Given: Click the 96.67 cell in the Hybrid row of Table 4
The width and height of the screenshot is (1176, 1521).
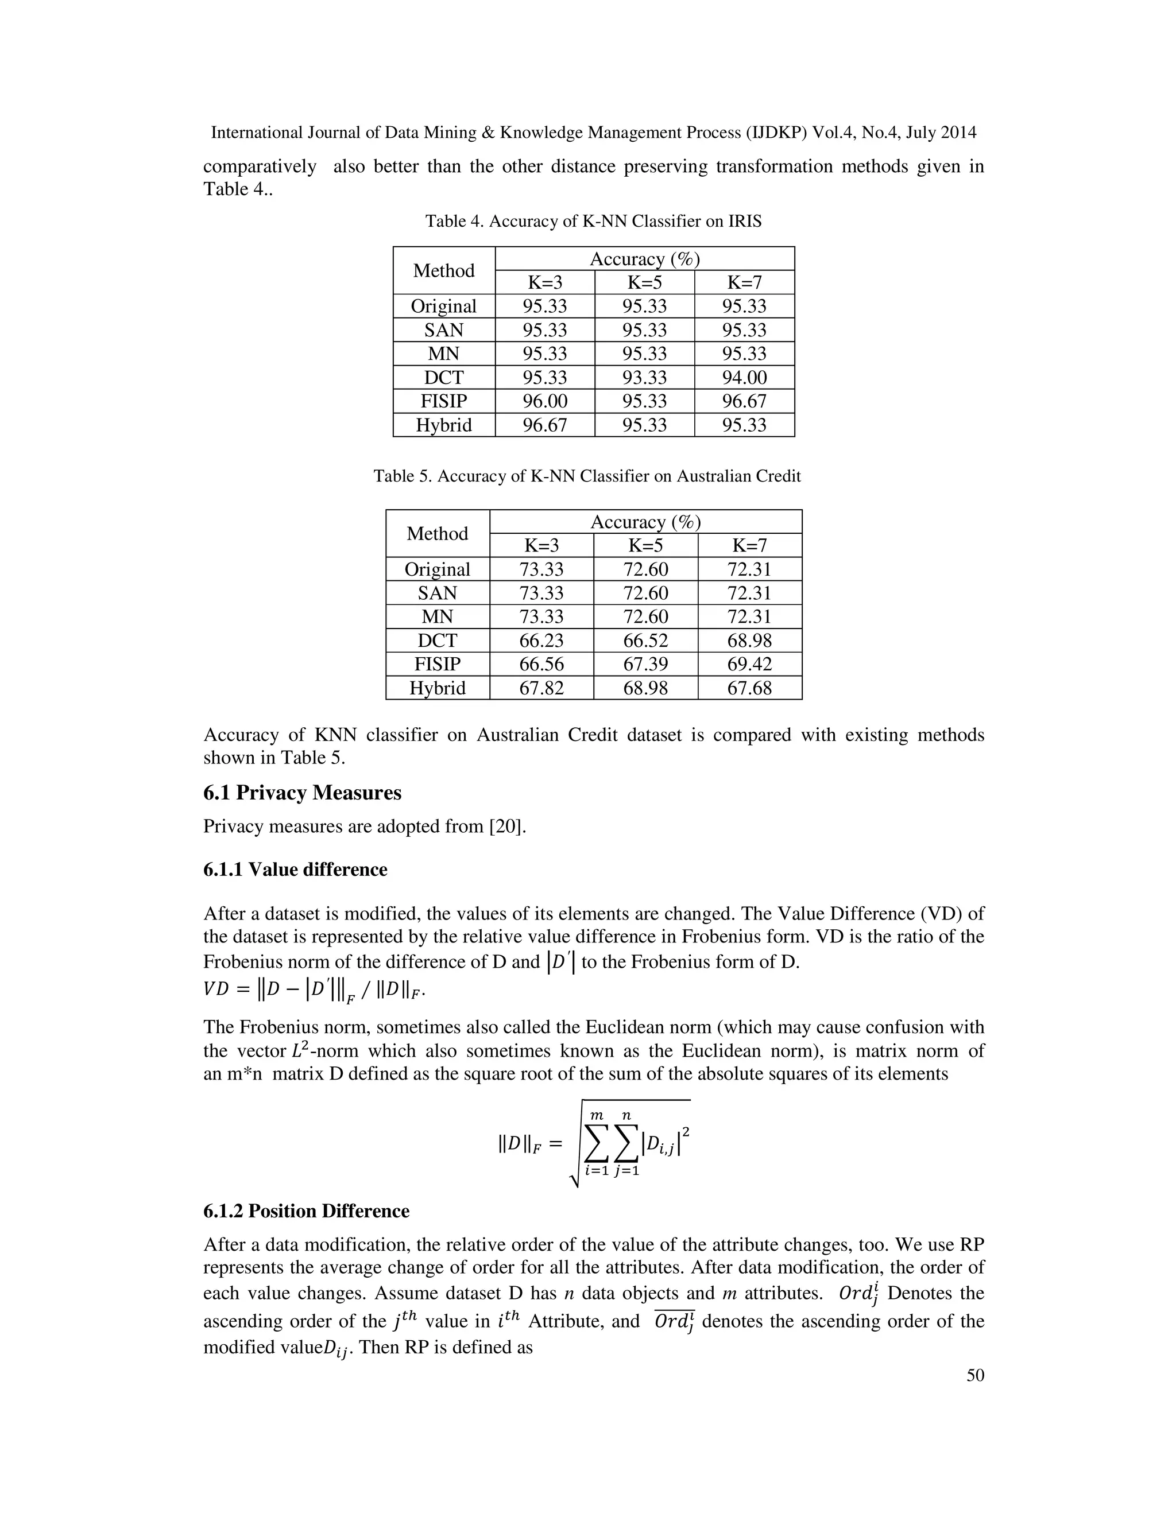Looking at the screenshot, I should point(545,425).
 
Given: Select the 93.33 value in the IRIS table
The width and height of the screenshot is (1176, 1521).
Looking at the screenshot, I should point(644,378).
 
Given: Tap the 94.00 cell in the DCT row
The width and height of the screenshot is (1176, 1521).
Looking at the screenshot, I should point(744,378).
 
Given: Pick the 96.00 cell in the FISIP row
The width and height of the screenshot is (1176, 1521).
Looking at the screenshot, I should point(545,401).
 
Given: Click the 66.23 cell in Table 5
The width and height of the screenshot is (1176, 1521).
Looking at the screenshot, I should point(541,641).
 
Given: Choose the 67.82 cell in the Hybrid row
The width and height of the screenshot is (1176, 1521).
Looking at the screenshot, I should point(541,688).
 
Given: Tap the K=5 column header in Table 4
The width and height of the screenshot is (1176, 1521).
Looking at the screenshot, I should point(644,282).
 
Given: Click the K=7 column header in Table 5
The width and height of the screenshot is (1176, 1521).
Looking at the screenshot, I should point(749,545).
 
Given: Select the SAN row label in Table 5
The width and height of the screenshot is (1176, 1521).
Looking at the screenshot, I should point(438,593).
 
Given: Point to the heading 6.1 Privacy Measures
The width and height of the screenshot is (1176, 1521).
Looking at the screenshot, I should point(303,793).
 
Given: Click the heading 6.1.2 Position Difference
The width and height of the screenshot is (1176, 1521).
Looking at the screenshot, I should point(306,1211).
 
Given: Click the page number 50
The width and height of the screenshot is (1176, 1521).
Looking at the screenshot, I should point(976,1375).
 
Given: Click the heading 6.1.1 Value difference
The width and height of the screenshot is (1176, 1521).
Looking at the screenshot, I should point(295,870).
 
